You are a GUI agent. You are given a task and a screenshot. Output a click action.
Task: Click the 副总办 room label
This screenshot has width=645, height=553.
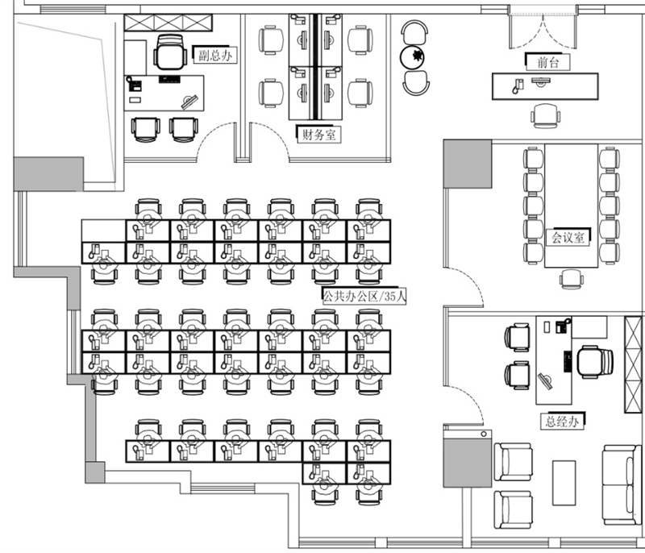click(215, 56)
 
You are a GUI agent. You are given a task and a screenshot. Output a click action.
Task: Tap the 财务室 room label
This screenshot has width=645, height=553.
click(317, 135)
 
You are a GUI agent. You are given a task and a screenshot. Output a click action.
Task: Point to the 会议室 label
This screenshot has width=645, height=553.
click(570, 238)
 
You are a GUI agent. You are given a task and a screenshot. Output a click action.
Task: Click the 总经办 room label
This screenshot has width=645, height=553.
click(560, 420)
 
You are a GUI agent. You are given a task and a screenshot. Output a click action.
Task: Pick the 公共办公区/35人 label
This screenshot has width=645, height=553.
click(364, 296)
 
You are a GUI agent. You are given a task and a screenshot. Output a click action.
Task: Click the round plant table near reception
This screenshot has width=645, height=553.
click(416, 57)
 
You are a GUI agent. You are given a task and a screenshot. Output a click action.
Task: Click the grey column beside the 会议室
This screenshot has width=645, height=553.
click(467, 164)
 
